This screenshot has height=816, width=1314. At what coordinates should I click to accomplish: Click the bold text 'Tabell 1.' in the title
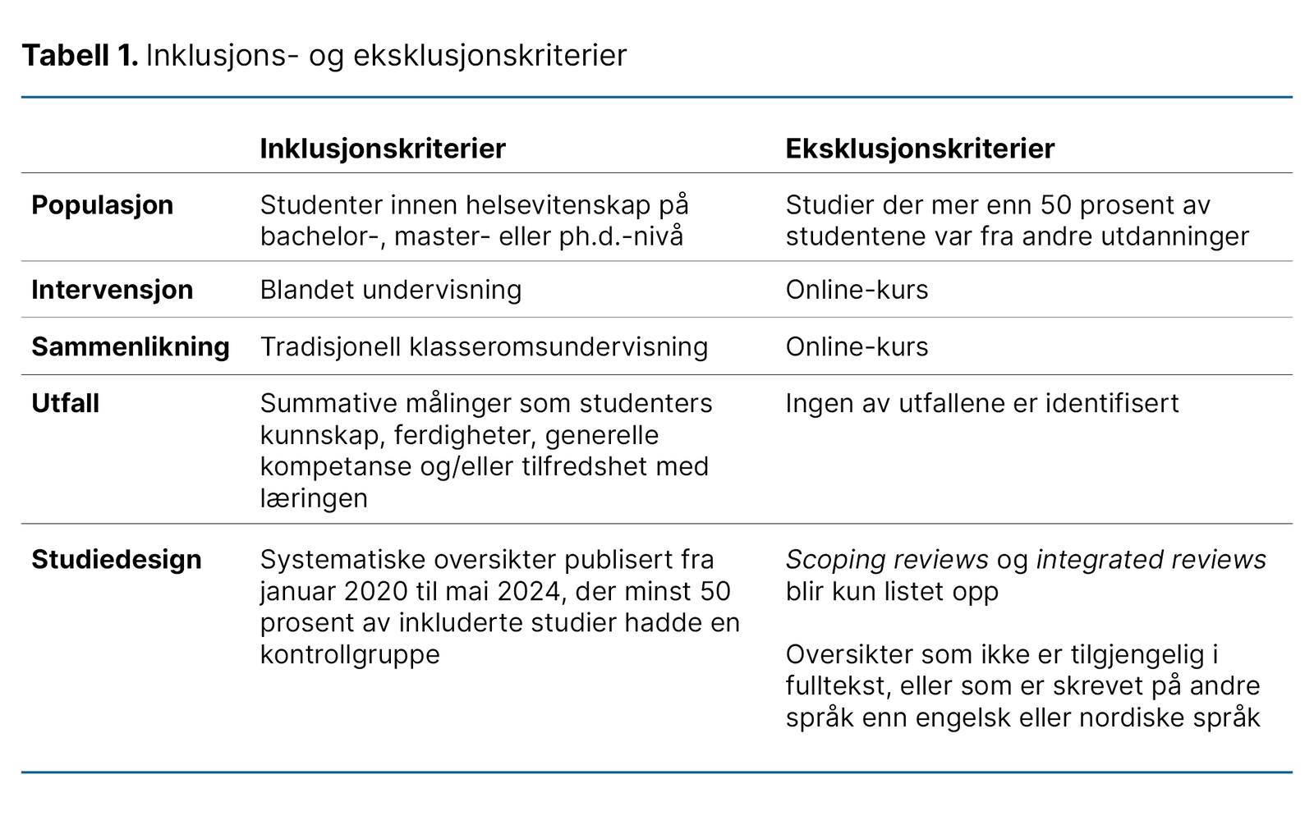pos(80,56)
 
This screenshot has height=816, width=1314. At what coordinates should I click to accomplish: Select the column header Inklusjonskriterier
pos(383,149)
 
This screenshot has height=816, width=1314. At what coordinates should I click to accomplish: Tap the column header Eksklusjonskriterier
pos(920,149)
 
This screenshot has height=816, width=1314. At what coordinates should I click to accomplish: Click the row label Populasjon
pos(103,204)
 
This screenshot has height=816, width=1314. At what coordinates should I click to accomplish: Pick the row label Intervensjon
pos(113,290)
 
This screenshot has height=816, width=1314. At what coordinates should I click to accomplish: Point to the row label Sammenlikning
pos(131,346)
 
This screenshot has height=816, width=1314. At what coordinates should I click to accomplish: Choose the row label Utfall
pos(66,403)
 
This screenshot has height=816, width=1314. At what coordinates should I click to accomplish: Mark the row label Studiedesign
pos(117,559)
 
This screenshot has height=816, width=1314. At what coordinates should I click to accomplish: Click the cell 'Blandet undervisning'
pos(391,290)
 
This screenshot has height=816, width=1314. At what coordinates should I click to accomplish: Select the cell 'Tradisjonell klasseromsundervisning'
pos(484,346)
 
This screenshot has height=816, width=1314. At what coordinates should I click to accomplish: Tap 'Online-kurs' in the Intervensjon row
pos(857,290)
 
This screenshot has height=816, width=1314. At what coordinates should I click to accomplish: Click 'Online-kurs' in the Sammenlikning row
pos(857,346)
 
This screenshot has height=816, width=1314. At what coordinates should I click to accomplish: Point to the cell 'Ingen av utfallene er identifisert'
pos(982,403)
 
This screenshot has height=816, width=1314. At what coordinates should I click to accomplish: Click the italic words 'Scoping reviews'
pos(887,559)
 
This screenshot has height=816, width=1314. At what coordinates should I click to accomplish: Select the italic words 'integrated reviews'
pos(1151,559)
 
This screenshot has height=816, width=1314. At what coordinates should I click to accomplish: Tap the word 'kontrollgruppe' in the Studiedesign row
pos(350,654)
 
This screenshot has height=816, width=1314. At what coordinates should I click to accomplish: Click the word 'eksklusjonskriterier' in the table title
pos(490,56)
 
